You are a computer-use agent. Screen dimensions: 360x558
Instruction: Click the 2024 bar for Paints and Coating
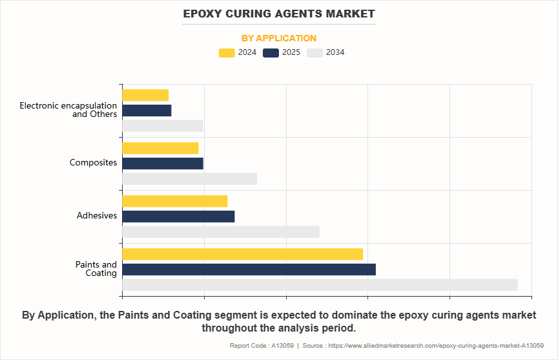click(242, 254)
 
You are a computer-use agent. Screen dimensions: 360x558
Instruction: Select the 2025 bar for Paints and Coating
click(249, 269)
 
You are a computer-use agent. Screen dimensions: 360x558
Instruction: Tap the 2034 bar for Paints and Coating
click(320, 284)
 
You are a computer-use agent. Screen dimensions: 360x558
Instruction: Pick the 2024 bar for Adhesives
click(174, 201)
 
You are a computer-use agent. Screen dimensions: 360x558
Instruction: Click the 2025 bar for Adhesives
click(178, 216)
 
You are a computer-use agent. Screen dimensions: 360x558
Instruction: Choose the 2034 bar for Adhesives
click(220, 231)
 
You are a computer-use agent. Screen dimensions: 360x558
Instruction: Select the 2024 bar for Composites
click(160, 148)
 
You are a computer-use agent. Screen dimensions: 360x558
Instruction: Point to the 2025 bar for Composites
click(163, 163)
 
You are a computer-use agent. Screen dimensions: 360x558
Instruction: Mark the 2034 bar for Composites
click(189, 178)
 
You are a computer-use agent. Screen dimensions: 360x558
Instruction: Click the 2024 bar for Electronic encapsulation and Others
click(145, 95)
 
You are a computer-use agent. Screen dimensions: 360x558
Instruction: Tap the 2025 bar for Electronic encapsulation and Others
click(147, 110)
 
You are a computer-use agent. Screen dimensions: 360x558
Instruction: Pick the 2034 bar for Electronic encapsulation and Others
click(163, 125)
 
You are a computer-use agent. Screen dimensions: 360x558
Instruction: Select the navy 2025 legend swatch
click(271, 53)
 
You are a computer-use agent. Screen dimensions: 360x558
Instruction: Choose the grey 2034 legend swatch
click(315, 53)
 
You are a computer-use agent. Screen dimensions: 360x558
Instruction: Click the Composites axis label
click(93, 163)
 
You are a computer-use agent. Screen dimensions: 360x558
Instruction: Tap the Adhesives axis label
click(96, 216)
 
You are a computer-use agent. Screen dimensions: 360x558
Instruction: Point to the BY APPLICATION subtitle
click(279, 38)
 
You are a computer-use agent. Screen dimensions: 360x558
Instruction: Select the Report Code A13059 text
click(261, 346)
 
